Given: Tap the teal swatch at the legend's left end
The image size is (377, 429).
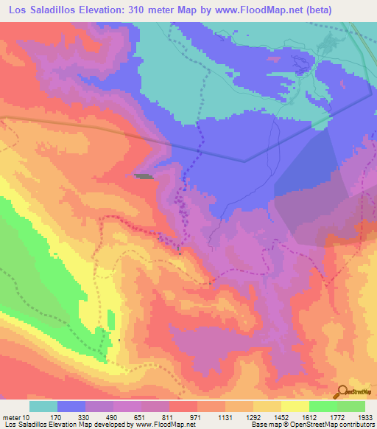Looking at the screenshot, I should point(43,406).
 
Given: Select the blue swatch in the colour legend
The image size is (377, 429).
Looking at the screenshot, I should point(71,406).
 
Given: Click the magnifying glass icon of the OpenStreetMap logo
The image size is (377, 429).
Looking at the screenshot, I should point(342,391).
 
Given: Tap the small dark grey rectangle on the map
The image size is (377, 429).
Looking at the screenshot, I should point(144,176).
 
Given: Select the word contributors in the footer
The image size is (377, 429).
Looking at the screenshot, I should point(354,425).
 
